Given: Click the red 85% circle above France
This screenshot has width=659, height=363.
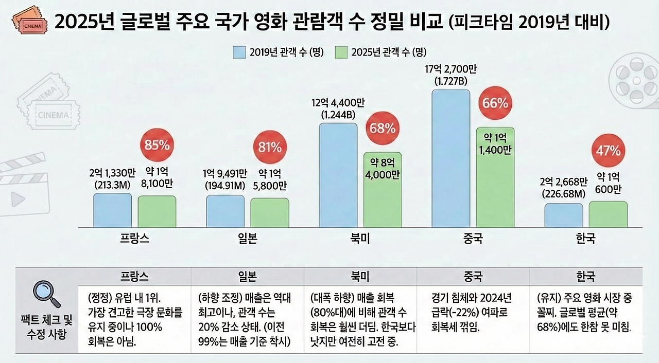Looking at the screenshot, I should [157, 145].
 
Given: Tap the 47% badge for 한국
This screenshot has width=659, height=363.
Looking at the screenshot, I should [608, 151].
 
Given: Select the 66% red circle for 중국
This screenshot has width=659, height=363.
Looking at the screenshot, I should [495, 103].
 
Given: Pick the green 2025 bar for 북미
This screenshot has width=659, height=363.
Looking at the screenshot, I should [383, 190].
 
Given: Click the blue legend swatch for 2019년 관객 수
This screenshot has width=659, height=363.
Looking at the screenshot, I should [240, 52].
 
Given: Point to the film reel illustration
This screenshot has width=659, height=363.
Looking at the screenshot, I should [632, 82].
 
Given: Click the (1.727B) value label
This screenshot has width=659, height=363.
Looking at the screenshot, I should [451, 81].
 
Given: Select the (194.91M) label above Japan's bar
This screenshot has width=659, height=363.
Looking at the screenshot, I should [225, 185].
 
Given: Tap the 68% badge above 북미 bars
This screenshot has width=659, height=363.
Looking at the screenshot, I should [382, 128].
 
